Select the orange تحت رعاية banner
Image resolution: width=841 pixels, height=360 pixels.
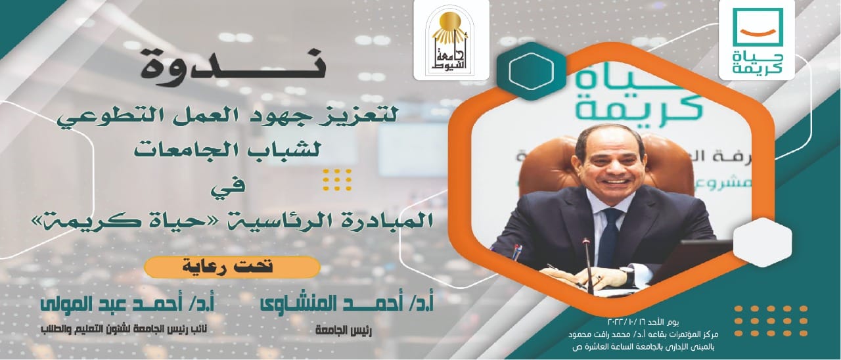tap(232, 267)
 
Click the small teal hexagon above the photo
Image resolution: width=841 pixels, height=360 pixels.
tap(524, 70)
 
